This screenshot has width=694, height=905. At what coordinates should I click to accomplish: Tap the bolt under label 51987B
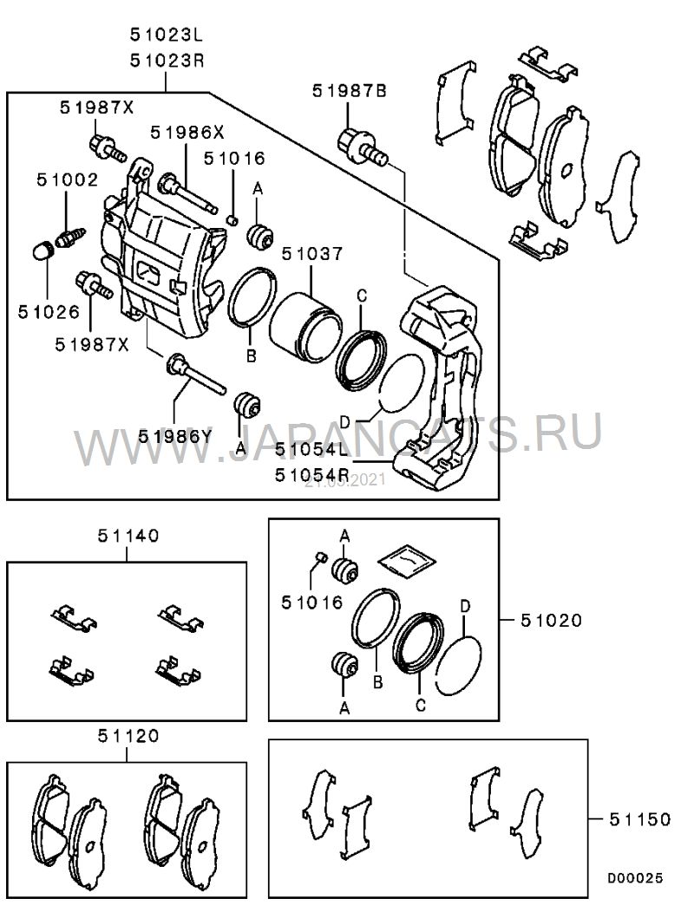point(363,147)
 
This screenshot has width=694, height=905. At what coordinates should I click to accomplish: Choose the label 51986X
point(186,133)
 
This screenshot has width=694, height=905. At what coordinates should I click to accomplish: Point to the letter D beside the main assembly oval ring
point(344,421)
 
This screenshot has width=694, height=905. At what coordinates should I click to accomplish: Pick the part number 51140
point(127,536)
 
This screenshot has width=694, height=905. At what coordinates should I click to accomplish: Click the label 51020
point(552,620)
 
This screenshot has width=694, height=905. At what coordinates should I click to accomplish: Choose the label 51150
point(641,818)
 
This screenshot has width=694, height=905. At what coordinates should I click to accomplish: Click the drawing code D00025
point(634,878)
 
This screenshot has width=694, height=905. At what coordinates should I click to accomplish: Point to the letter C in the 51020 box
point(421,704)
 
